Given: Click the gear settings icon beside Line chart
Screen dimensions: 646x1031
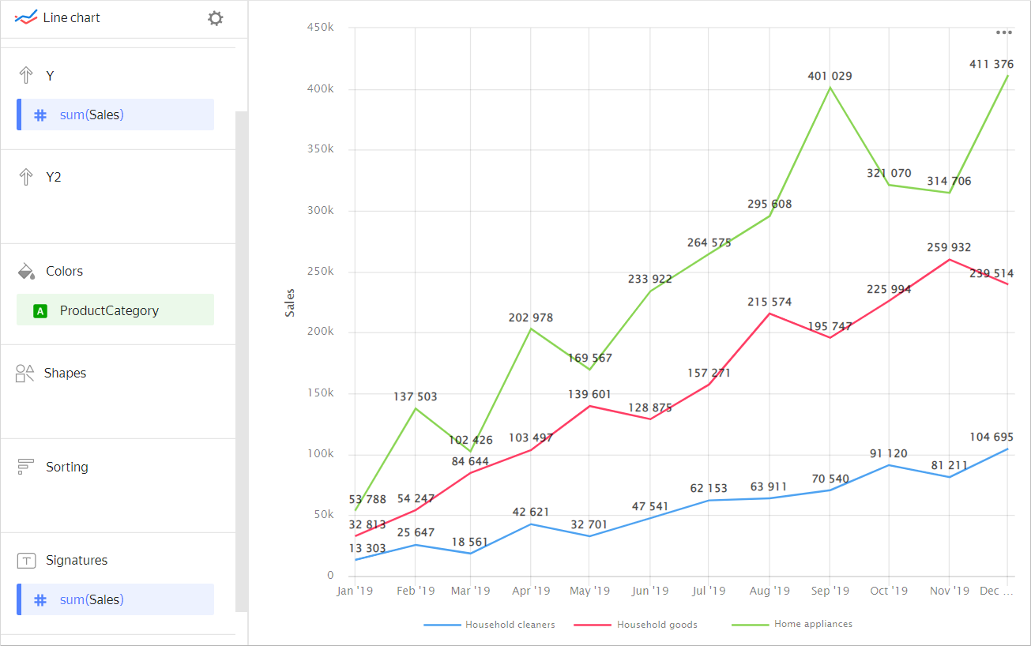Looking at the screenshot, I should pos(215,18).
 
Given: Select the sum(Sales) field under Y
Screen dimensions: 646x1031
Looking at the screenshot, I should pos(115,115).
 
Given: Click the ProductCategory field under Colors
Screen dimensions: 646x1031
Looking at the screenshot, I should pos(115,310).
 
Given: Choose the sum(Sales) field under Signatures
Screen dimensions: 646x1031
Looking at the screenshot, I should pos(115,599).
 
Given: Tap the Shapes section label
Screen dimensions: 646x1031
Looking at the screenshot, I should pos(65,373).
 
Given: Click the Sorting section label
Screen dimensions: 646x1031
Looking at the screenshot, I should pos(66,467).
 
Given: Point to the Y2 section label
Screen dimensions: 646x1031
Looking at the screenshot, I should pos(53,177).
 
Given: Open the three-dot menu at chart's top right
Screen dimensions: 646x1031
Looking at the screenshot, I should pos(1003,32).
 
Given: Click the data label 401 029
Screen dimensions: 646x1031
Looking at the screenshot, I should pos(830,76).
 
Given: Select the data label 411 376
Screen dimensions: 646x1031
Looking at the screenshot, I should pos(991,64).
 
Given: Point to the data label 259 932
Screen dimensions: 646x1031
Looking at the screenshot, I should pos(949,247).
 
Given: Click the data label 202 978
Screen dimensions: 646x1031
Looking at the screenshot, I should pos(530,317).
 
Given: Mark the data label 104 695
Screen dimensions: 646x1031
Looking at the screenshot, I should pos(991,437).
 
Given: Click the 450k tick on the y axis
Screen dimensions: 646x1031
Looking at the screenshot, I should pos(320,28).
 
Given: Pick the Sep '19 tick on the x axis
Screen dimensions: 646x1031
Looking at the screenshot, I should pos(830,591).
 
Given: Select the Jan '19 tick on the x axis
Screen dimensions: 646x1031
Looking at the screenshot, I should pos(355,591).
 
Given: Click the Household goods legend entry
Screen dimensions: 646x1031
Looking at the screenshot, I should pos(657,625).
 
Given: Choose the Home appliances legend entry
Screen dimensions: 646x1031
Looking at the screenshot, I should pos(813,624).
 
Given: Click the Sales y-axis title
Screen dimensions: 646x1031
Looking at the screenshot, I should pos(290,302).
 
